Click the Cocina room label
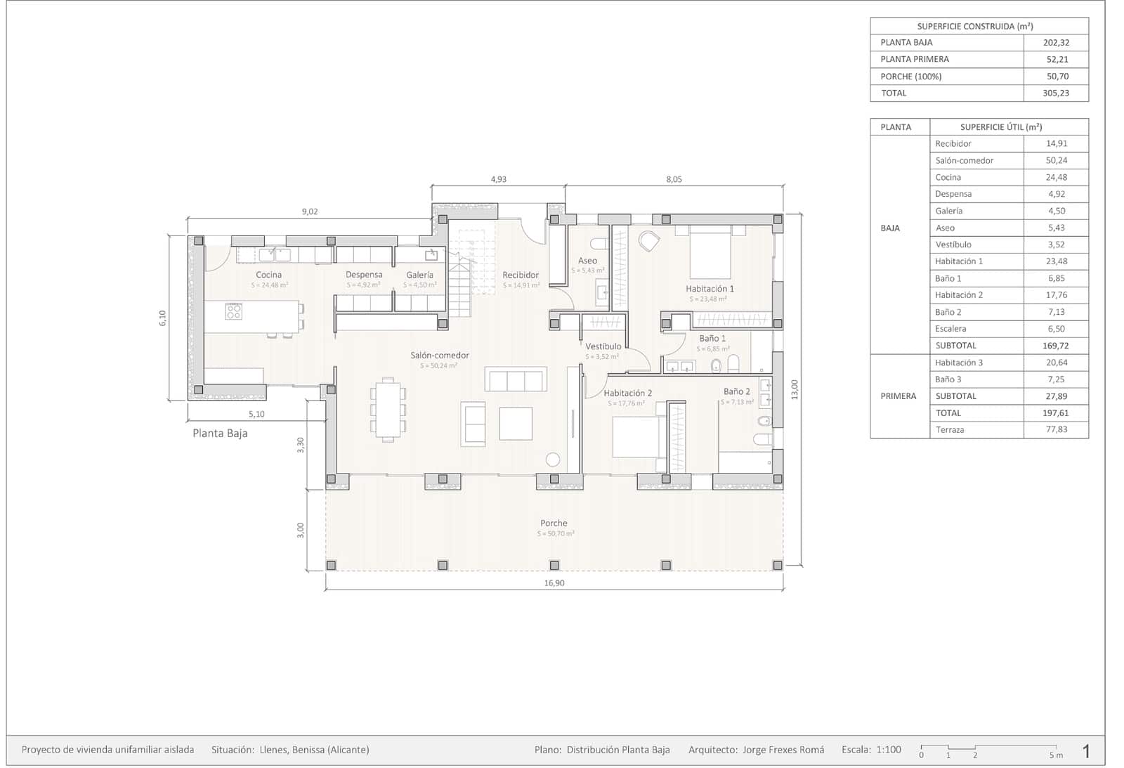tap(268, 275)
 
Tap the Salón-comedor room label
tap(440, 356)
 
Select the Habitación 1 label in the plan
tap(710, 289)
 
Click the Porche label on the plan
tap(554, 523)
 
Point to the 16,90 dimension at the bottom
tap(554, 583)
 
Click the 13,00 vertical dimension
tap(795, 389)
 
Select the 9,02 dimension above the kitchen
tap(309, 211)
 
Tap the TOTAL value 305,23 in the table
tap(1056, 93)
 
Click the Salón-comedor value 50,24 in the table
tap(1056, 160)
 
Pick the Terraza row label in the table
tap(950, 430)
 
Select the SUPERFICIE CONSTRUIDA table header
tap(975, 27)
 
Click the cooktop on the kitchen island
tap(234, 311)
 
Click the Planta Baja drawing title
tap(220, 434)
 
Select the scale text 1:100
tap(888, 750)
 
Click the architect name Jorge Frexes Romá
tap(783, 750)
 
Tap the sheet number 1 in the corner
tap(1086, 751)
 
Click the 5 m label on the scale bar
tap(1056, 755)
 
